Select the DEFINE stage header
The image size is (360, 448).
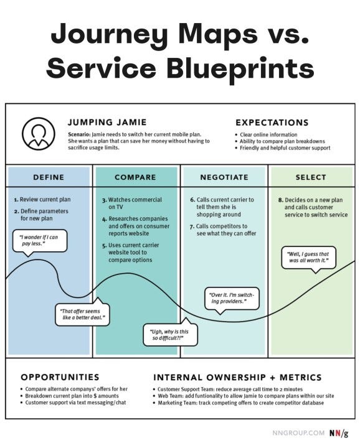click(x=49, y=177)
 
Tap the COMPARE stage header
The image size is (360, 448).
click(x=136, y=177)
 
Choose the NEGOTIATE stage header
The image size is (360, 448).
click(x=224, y=177)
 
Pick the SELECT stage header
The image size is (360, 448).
click(x=311, y=177)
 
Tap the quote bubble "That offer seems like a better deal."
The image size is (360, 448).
click(x=82, y=313)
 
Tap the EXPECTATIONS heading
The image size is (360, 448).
click(x=272, y=123)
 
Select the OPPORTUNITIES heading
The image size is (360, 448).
click(x=60, y=377)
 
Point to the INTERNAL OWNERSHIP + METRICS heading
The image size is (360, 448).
click(x=237, y=377)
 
